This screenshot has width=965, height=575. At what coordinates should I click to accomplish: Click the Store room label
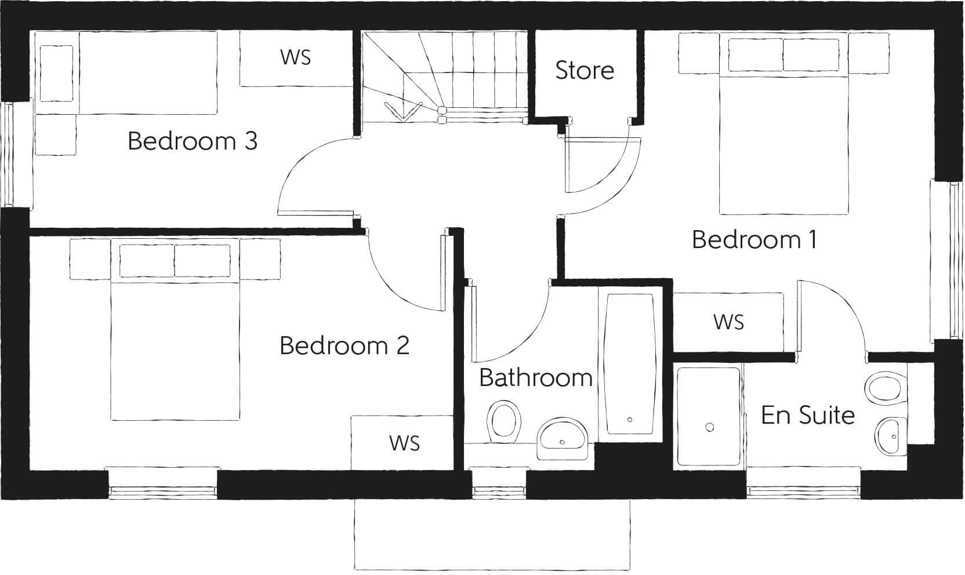tap(584, 70)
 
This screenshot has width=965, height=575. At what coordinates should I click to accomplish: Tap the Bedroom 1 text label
tap(754, 239)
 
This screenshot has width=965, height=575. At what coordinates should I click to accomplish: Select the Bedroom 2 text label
tap(344, 345)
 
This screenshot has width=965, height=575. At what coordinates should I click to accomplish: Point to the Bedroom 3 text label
tap(192, 141)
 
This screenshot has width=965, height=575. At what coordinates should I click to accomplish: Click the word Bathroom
tap(535, 378)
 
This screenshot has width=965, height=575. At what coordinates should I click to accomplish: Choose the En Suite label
tap(807, 415)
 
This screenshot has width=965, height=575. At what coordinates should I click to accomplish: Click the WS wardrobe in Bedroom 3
tap(295, 57)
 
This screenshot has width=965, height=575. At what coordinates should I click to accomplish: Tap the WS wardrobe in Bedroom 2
tap(404, 443)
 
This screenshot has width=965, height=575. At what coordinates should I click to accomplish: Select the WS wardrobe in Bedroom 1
tap(728, 322)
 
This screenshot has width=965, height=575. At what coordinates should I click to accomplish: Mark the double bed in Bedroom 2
tap(175, 348)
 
